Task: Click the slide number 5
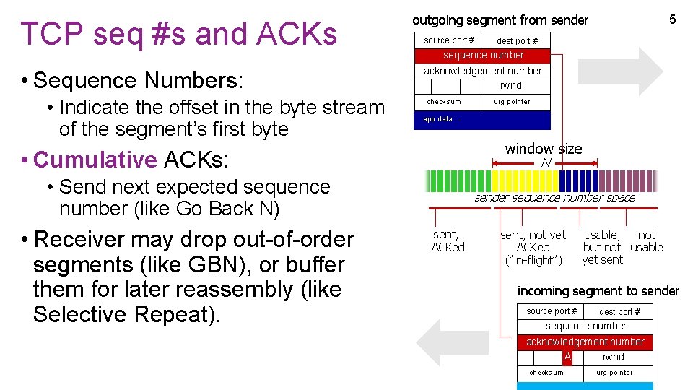(672, 19)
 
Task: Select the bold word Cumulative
(95, 159)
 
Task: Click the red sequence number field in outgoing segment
(483, 56)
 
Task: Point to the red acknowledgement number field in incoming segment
(585, 342)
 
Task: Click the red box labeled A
(567, 357)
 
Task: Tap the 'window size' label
(543, 149)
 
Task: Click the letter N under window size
(546, 163)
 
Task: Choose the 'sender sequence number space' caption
(554, 197)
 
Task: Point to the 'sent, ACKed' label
(448, 241)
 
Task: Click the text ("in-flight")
(533, 260)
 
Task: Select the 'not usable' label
(647, 241)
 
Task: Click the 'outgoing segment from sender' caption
(500, 20)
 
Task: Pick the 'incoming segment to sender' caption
(598, 291)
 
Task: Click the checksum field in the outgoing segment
(444, 102)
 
